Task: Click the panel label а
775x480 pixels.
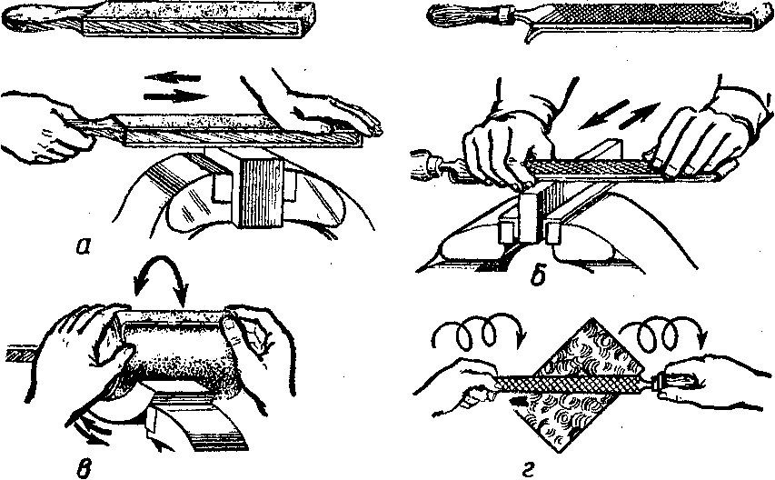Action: pos(83,245)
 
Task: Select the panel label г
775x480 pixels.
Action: pos(529,467)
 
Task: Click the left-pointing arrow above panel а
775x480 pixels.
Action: pos(173,77)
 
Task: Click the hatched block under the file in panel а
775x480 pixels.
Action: pos(260,193)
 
